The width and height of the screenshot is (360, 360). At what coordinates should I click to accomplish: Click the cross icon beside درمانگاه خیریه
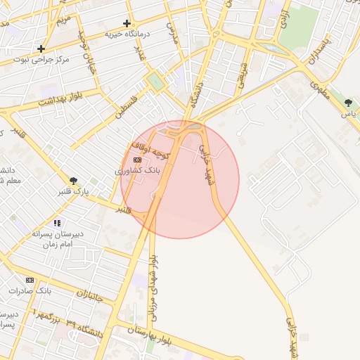click(x=127, y=23)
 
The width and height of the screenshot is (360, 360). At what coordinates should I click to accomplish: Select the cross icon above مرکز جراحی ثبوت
click(x=42, y=49)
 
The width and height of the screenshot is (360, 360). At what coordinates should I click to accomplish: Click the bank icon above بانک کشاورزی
click(x=137, y=160)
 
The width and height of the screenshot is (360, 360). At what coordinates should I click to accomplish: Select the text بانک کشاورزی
click(x=138, y=170)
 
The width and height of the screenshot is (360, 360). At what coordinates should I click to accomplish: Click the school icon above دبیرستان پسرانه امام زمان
click(x=57, y=223)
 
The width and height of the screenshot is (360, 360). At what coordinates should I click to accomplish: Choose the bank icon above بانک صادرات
click(x=30, y=280)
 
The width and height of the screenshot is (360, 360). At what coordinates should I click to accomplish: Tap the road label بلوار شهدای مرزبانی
click(x=151, y=289)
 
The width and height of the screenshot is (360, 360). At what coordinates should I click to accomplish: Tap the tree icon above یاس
click(x=349, y=103)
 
